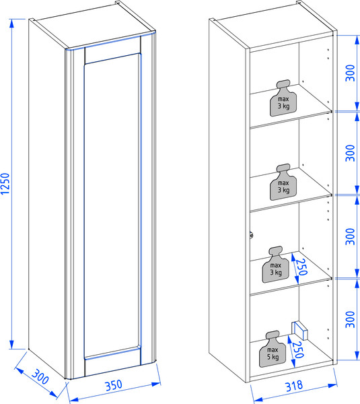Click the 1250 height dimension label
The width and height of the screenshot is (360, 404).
pos(5,183)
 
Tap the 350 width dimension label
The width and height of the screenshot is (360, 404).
pos(114,385)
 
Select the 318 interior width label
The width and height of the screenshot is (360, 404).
pos(294,386)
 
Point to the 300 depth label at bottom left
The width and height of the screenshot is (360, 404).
pos(40,376)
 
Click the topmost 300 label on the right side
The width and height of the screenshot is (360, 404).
pos(350,73)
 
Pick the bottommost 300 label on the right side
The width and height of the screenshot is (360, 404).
pos(350,319)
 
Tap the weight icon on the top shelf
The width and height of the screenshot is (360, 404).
pos(283,98)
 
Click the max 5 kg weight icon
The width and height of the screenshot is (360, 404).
pos(273,349)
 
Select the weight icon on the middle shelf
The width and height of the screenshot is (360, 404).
pos(283,182)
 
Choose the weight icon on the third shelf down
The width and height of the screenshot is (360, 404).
pos(276,265)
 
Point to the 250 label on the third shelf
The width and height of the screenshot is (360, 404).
pos(301,267)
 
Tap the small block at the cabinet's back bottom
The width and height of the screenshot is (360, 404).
pos(299,330)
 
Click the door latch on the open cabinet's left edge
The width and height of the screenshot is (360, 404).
pos(252,235)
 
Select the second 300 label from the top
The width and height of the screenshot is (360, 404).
pos(350,153)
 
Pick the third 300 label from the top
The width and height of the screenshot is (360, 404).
pos(350,236)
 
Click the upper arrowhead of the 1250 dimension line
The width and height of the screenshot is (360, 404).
pos(11,24)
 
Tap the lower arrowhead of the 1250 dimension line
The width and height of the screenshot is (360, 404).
pos(11,344)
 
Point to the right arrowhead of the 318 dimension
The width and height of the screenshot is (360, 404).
pos(332,385)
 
